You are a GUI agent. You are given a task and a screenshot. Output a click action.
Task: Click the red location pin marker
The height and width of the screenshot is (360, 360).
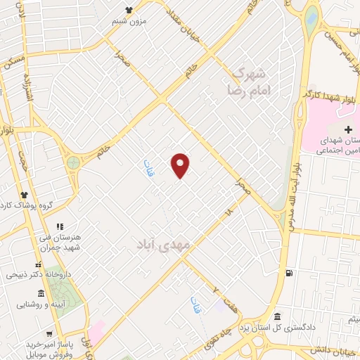[x=181, y=165]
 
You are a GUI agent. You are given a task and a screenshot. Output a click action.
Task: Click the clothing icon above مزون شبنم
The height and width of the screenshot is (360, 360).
[x=129, y=10]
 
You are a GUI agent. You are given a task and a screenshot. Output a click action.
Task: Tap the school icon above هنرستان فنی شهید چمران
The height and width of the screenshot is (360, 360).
[x=60, y=226]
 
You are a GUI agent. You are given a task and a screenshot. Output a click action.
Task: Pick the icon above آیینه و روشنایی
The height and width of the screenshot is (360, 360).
[x=41, y=293]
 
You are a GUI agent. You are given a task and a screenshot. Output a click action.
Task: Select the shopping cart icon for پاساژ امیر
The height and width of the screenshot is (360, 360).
[x=50, y=333]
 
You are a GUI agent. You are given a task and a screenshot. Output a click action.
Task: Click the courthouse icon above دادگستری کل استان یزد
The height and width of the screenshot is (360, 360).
[x=278, y=317]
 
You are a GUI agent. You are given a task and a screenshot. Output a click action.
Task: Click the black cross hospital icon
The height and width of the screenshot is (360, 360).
[x=348, y=129]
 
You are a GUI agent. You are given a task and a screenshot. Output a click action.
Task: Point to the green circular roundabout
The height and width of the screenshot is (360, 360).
[x=73, y=163]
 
